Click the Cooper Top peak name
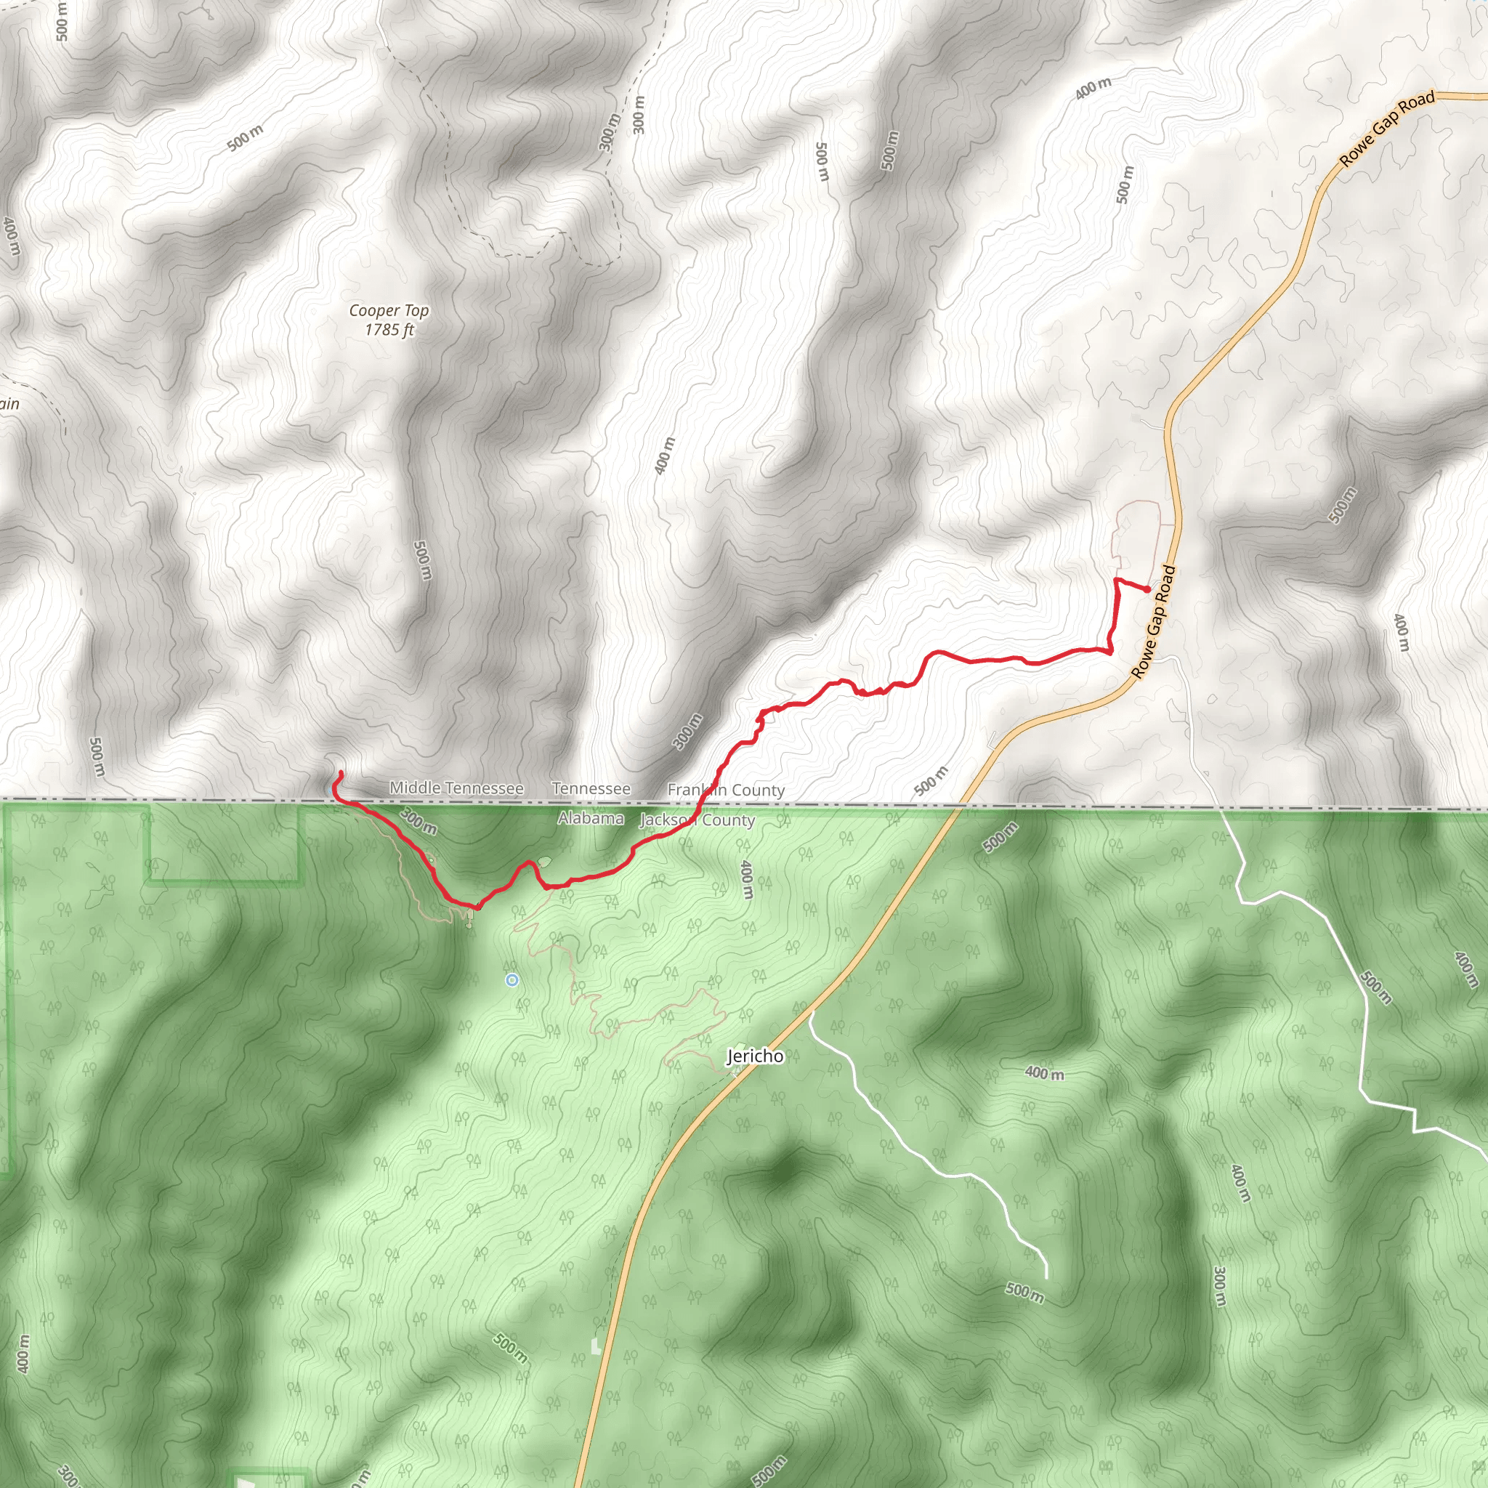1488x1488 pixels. click(x=389, y=310)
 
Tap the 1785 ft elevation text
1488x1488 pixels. click(x=389, y=330)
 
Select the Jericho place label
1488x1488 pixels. click(x=755, y=1056)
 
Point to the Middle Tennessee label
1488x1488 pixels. click(x=456, y=788)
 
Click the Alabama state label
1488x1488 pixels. click(x=591, y=818)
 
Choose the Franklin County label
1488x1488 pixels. click(x=726, y=790)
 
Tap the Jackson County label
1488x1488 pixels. click(x=697, y=820)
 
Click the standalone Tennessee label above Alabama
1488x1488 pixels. click(x=591, y=788)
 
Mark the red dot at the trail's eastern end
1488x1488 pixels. click(x=1147, y=589)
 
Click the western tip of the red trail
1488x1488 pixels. click(x=341, y=772)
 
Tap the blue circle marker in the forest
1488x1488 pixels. click(x=512, y=979)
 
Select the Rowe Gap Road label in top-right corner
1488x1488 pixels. click(x=1387, y=128)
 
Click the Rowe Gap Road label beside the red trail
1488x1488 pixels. click(x=1153, y=623)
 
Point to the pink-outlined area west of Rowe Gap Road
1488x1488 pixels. click(x=1137, y=531)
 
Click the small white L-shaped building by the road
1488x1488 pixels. click(x=595, y=1346)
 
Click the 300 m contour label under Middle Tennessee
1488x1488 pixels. click(x=419, y=821)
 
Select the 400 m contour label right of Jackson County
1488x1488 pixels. click(x=745, y=880)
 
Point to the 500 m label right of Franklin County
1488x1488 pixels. click(x=931, y=780)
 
